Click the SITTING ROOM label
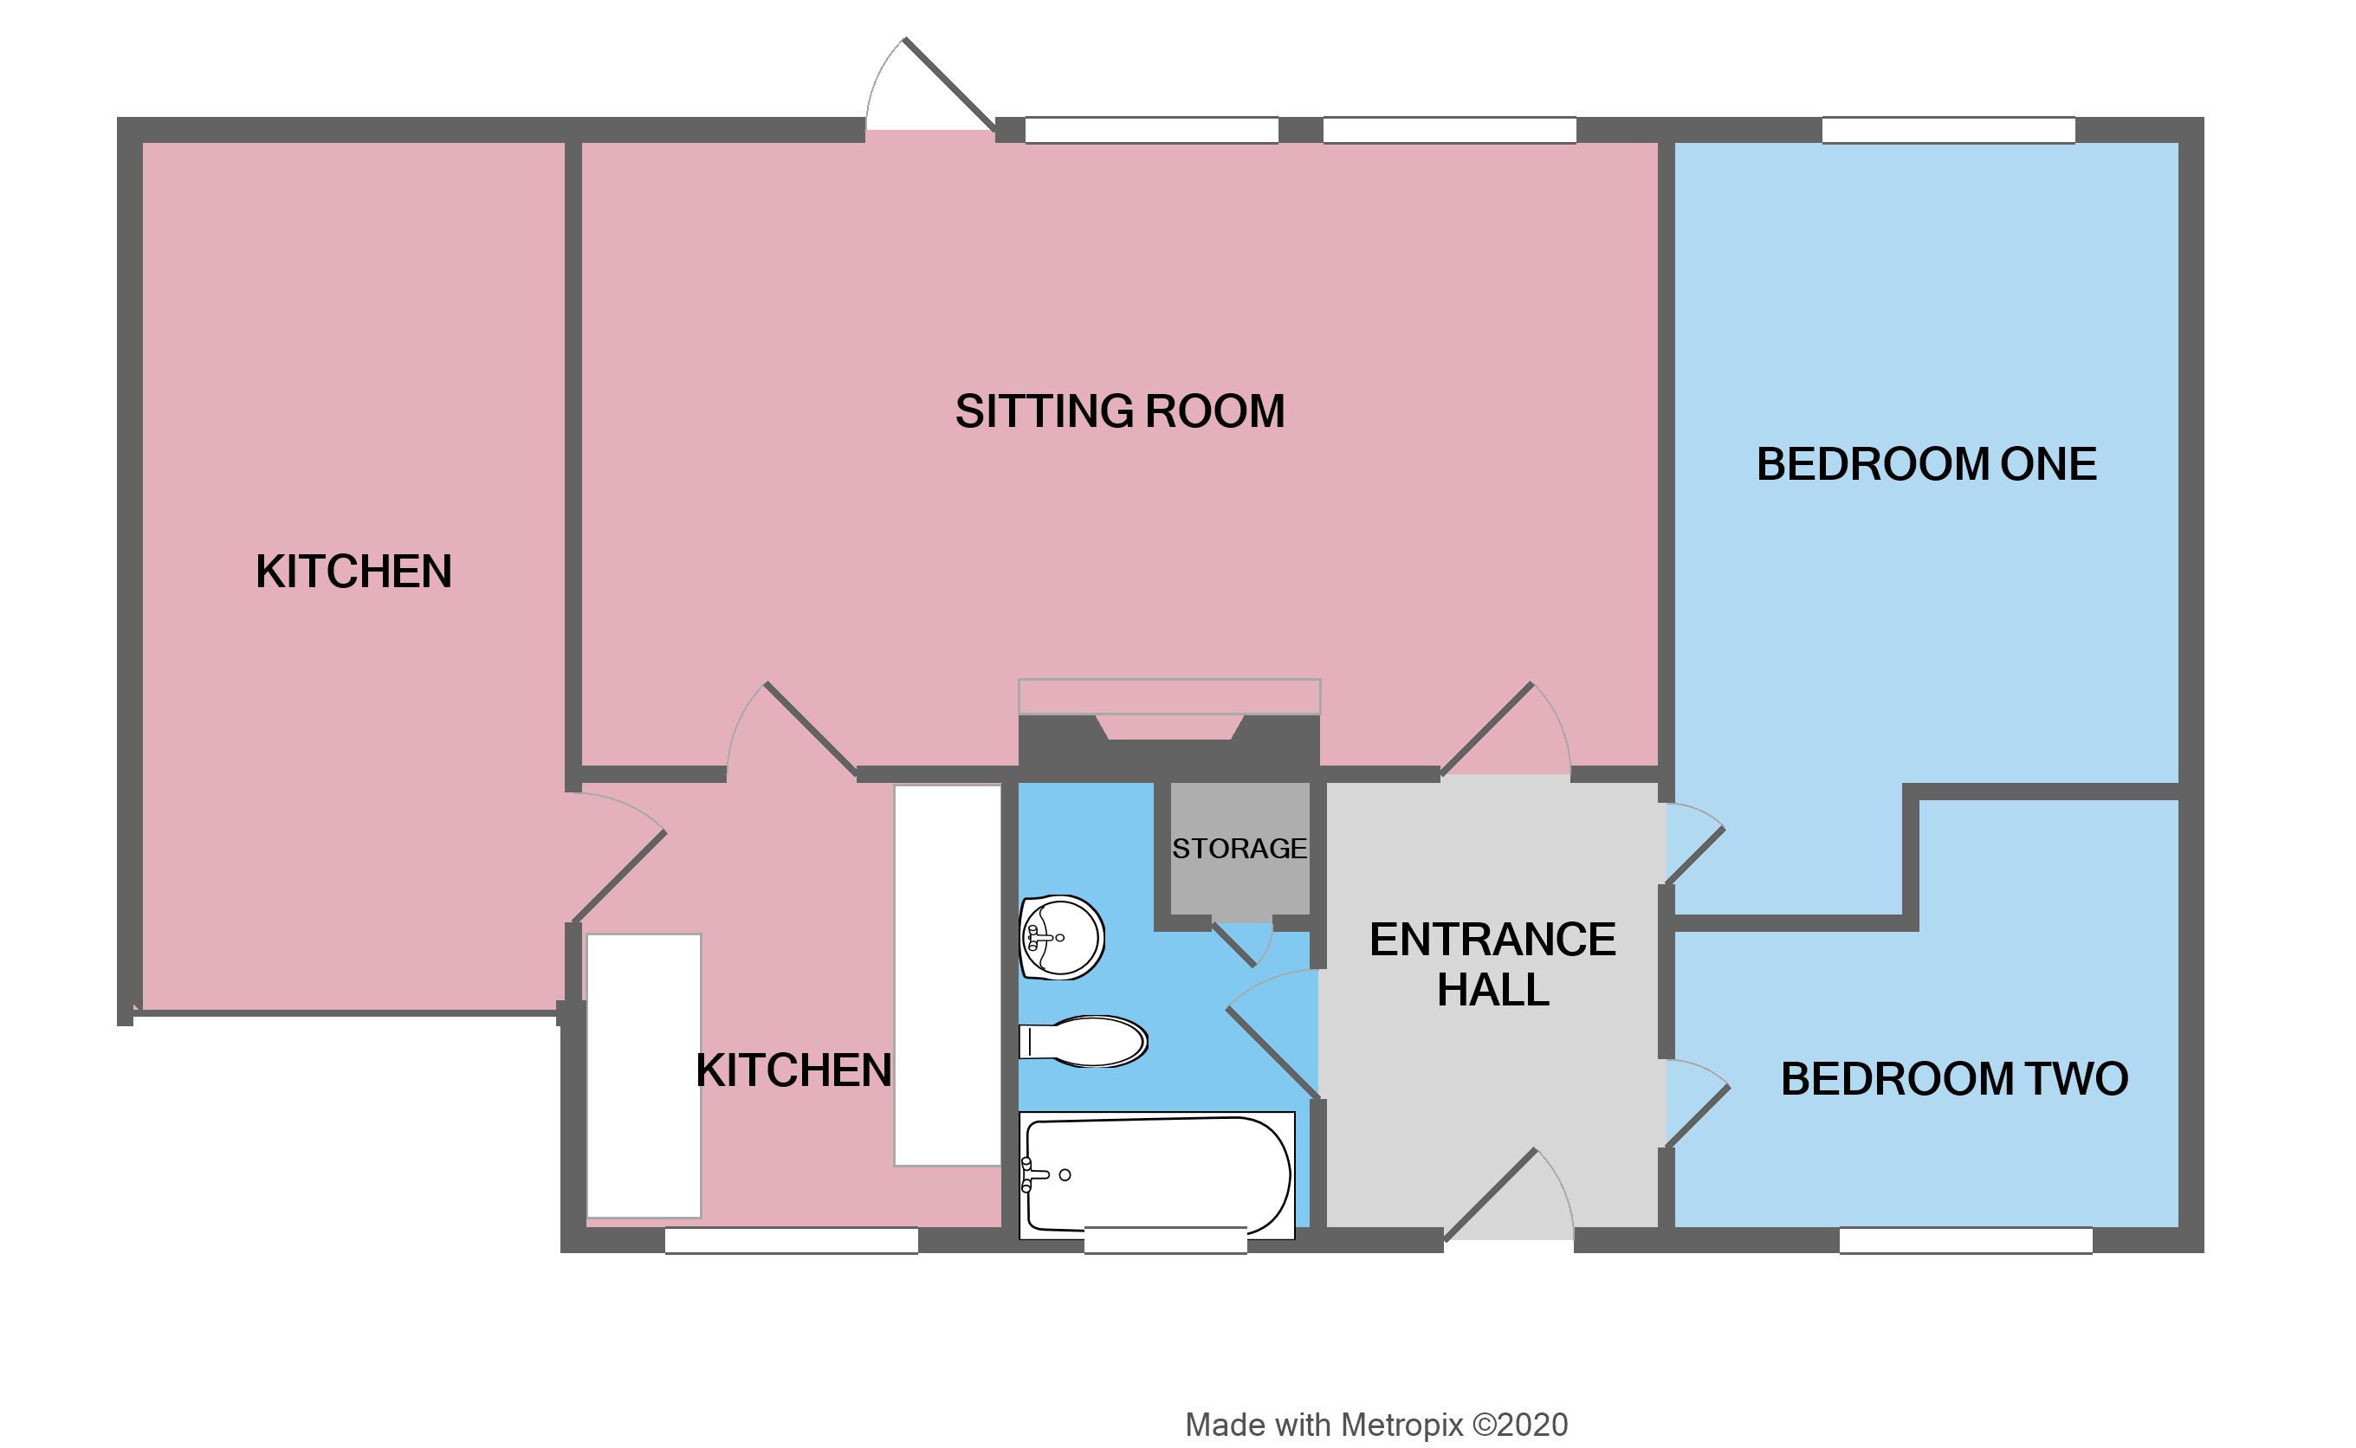point(1120,412)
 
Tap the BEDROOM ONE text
point(1926,464)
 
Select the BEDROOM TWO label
point(1954,1079)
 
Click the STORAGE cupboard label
point(1239,849)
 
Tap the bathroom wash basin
point(1061,938)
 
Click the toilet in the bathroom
point(1087,1041)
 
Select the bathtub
point(1157,1174)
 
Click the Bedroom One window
point(1948,130)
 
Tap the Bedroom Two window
point(1965,1239)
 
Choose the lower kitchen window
point(791,1240)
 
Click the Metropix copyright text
point(1376,1424)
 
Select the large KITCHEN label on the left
point(353,572)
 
